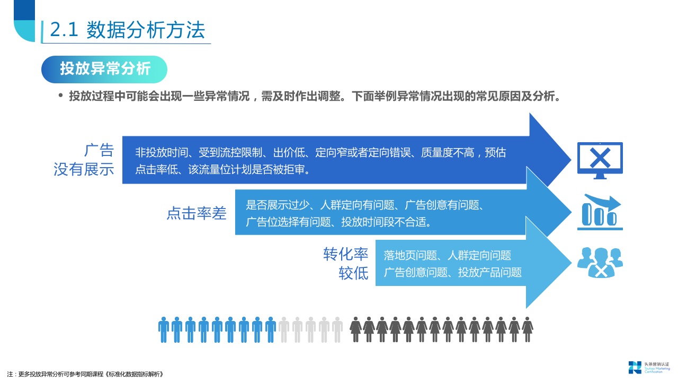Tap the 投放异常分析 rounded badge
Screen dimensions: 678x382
tap(105, 69)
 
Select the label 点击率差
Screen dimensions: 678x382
tap(197, 213)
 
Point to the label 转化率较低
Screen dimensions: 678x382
tap(346, 264)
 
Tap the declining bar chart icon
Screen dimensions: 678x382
tap(600, 212)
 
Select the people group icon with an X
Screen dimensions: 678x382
tap(600, 262)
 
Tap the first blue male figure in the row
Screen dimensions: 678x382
tap(164, 329)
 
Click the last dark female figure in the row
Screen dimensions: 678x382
tap(528, 329)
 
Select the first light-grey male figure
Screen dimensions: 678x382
tap(284, 329)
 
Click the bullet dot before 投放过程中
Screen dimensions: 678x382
tap(60, 96)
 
